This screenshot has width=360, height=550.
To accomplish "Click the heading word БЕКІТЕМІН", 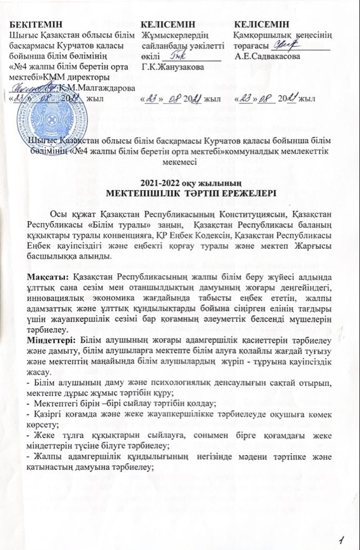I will tap(35, 26).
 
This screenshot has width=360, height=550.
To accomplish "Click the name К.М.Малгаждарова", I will tap(97, 87).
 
